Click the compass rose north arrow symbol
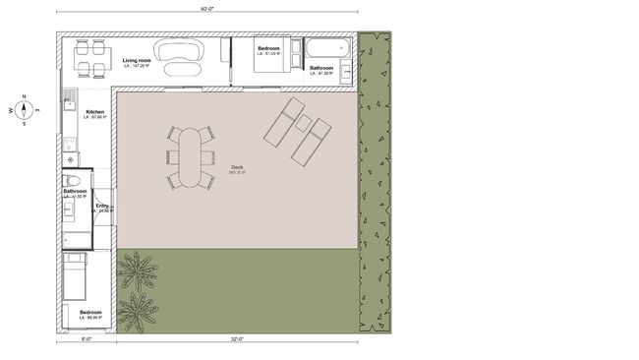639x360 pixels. point(26,110)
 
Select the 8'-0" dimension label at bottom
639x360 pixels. point(87,340)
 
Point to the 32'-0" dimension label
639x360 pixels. point(237,340)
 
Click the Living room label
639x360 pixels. point(137,61)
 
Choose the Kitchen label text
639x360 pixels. point(95,112)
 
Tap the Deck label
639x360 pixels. point(237,168)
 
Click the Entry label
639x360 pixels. point(102,206)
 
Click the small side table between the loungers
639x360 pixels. point(304,124)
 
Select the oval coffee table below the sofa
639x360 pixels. point(183,69)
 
